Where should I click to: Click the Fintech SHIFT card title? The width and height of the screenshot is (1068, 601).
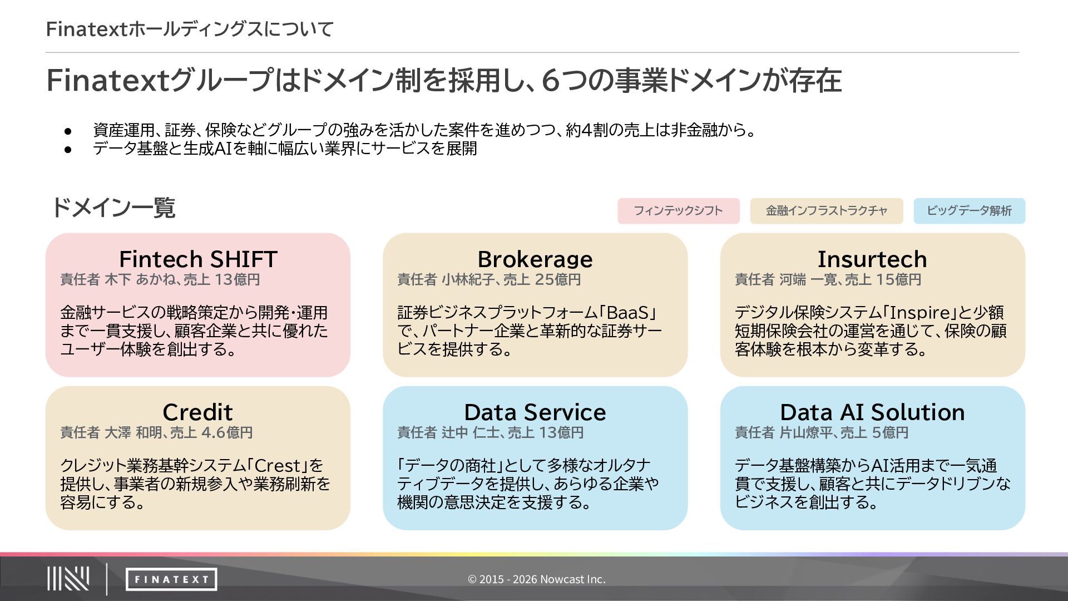click(198, 259)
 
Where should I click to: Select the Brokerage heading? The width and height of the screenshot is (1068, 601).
click(535, 259)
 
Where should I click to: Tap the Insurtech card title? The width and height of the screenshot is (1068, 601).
click(872, 259)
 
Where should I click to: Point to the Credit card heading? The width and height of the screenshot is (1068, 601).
click(197, 412)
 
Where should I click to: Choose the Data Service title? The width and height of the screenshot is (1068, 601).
click(535, 412)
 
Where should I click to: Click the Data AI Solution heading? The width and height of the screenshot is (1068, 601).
click(872, 412)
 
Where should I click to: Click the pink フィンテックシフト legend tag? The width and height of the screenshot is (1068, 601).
click(678, 211)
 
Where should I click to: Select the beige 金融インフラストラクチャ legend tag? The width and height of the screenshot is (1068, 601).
click(826, 211)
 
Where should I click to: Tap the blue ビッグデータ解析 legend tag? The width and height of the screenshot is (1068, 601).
click(969, 211)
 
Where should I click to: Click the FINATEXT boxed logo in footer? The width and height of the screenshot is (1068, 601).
click(171, 579)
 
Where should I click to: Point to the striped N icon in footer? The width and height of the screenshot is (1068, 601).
click(68, 579)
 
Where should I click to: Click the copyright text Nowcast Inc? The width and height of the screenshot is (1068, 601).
click(536, 579)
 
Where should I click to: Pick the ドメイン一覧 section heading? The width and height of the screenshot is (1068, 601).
click(113, 208)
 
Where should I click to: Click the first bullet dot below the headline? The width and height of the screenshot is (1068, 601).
click(68, 131)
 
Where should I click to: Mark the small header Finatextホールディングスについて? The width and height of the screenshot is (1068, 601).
click(190, 29)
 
